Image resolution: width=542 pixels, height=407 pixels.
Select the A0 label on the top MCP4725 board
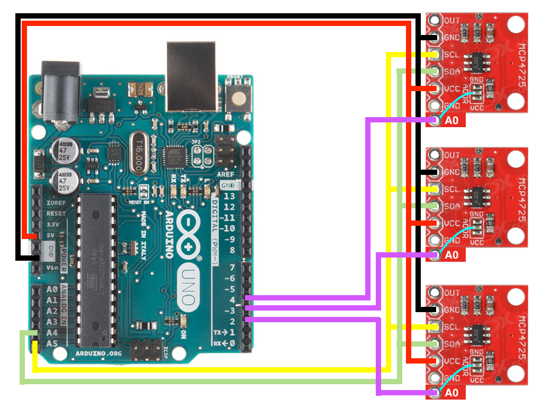(452, 121)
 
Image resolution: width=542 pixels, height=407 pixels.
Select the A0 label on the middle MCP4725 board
(452, 255)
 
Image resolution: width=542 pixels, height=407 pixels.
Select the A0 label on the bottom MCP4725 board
(452, 393)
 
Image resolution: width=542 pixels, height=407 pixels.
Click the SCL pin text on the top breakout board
(451, 55)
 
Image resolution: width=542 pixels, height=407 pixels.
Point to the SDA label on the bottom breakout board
(451, 344)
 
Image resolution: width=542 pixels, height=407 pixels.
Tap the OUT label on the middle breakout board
(452, 155)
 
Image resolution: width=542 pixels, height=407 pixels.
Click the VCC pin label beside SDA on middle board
(451, 223)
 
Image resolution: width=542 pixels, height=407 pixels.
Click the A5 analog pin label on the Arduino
(51, 343)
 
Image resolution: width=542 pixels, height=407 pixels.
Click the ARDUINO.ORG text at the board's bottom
(100, 352)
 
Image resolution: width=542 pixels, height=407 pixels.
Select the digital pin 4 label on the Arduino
(231, 300)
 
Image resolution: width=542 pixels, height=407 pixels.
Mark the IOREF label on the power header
(56, 203)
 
